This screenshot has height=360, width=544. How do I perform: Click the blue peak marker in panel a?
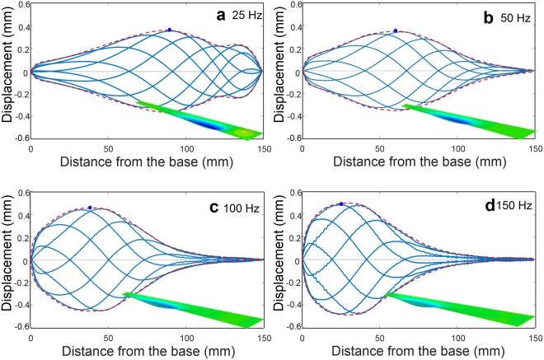point(169,30)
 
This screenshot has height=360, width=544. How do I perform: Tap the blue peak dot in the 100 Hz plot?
point(90,208)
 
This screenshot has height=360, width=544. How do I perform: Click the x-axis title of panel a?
point(146,161)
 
